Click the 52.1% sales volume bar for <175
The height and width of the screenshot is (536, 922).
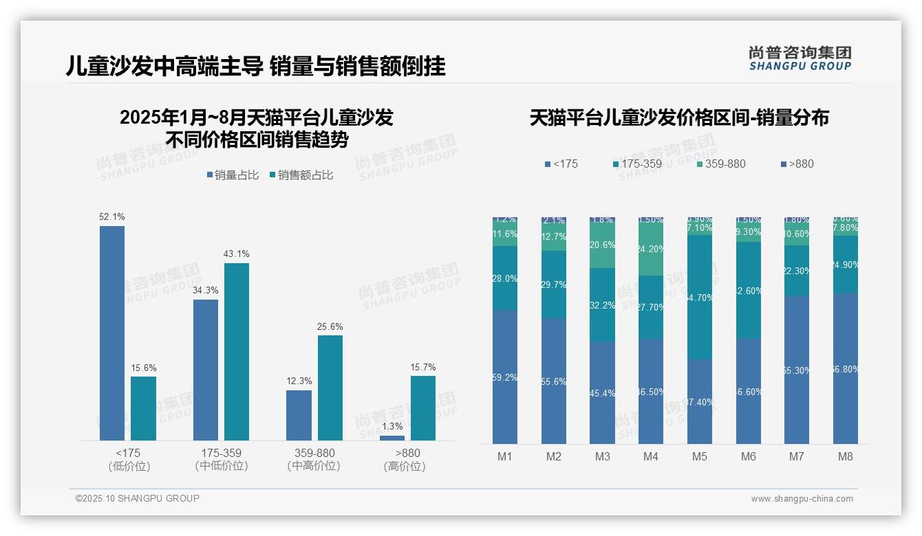(112, 333)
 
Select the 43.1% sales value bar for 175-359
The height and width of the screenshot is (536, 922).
(237, 352)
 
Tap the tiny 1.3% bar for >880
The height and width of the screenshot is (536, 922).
(392, 438)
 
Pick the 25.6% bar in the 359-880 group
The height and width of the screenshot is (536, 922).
(330, 388)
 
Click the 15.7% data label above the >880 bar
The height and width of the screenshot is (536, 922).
(423, 367)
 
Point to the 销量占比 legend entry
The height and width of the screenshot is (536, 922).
(233, 175)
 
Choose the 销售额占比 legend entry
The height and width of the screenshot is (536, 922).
(302, 175)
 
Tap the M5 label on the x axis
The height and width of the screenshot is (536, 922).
(700, 456)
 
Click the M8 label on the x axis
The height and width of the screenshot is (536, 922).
(846, 456)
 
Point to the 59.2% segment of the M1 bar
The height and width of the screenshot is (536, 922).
(505, 377)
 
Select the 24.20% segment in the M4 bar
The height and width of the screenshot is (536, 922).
(651, 249)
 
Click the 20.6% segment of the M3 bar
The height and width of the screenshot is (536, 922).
(603, 245)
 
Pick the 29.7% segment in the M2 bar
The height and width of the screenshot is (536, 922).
(554, 284)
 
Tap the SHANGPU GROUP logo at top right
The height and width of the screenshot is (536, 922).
(800, 58)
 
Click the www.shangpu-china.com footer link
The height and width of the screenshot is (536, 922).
(802, 499)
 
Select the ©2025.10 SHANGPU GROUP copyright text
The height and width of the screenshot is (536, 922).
(138, 498)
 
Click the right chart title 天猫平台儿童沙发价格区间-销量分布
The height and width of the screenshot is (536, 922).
(679, 118)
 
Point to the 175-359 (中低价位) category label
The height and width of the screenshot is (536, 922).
(222, 459)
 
